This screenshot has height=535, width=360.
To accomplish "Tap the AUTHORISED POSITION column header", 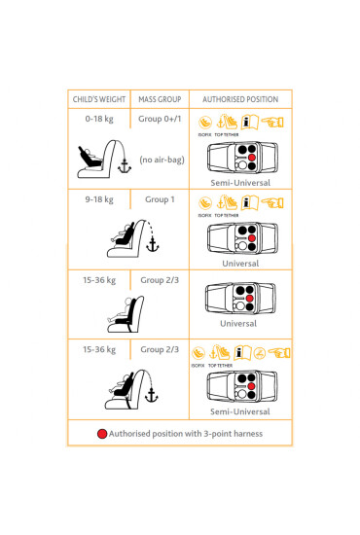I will [239, 99].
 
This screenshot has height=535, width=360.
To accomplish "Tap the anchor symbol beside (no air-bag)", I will [124, 167].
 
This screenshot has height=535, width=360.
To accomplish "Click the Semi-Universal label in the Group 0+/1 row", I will [239, 183].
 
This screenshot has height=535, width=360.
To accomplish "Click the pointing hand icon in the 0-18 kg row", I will [271, 123].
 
